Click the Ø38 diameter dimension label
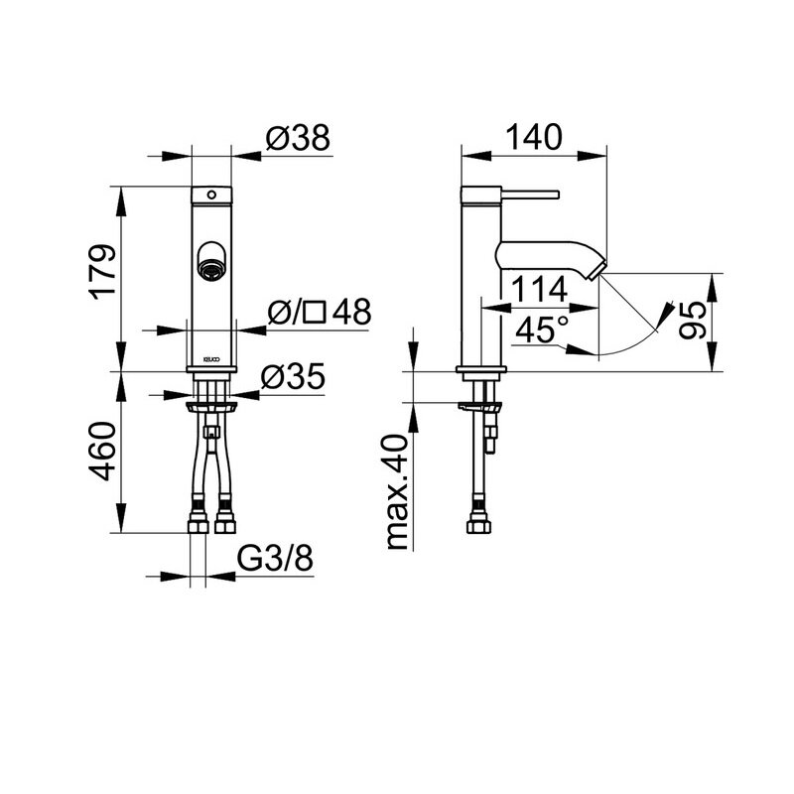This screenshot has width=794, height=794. pos(297,137)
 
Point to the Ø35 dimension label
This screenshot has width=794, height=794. pos(292,377)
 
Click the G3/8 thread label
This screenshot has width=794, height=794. pos(276,559)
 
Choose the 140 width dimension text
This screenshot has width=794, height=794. pos(534,137)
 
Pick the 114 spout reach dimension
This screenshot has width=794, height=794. pos(539,290)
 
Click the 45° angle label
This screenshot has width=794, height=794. pos(541,330)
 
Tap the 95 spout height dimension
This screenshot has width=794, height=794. pos(692,320)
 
